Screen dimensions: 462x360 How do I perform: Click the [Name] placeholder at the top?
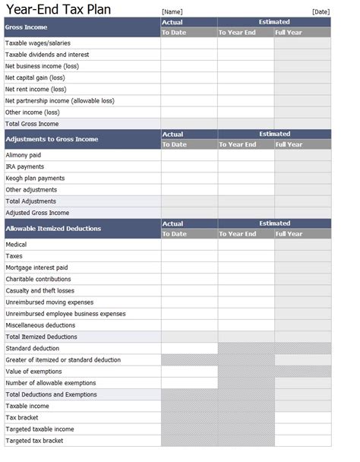[x=172, y=11]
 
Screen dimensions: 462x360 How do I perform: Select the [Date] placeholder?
[x=321, y=11]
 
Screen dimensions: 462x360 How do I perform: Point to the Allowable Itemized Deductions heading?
[x=53, y=229]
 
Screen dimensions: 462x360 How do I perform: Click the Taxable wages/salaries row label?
[x=37, y=43]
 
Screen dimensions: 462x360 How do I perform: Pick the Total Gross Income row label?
[x=32, y=123]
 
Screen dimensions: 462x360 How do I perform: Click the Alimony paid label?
[x=24, y=155]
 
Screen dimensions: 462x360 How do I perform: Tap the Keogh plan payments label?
[x=35, y=178]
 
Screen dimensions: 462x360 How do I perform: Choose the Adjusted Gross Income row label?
[x=37, y=213]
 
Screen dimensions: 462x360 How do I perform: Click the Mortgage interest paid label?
[x=36, y=267]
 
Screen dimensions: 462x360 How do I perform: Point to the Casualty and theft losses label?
[x=40, y=290]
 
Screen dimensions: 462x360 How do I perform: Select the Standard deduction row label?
[x=32, y=348]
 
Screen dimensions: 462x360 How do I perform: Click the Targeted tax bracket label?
[x=34, y=441]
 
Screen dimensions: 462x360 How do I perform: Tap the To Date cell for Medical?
[x=188, y=245]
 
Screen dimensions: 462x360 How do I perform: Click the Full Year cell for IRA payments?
[x=302, y=166]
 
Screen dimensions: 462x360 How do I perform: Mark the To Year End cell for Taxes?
[x=245, y=256]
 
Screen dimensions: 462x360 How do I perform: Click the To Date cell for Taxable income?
[x=188, y=406]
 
